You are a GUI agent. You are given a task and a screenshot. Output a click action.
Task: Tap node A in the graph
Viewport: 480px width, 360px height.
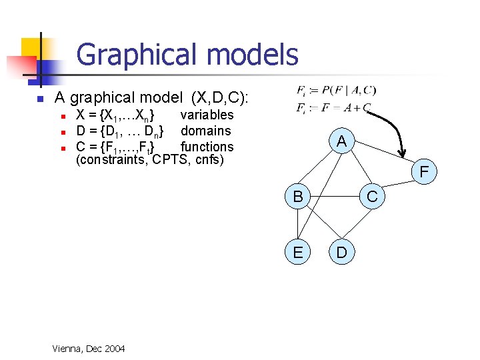click(341, 141)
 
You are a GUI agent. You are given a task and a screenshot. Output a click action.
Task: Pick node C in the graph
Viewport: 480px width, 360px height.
click(372, 197)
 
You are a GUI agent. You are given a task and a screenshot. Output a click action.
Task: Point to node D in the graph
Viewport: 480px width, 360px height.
click(341, 253)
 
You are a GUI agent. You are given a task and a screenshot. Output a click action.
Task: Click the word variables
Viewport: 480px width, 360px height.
click(207, 115)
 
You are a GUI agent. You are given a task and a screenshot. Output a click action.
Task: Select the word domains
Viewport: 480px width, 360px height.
click(206, 131)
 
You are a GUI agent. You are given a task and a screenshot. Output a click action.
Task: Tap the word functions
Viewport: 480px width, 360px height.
click(207, 147)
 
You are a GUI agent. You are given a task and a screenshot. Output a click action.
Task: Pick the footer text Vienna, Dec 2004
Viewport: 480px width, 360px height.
click(87, 349)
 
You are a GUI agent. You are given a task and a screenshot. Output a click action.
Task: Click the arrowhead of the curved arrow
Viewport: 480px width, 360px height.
click(402, 158)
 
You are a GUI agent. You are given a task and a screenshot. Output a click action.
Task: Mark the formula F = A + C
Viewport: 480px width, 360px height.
click(345, 108)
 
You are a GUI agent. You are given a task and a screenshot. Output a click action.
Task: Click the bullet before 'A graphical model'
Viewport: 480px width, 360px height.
click(40, 99)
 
